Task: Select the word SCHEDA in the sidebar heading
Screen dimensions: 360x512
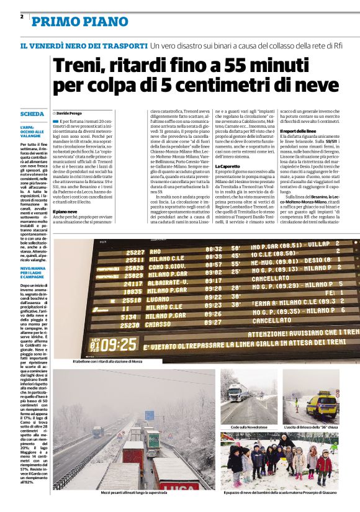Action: (x=32, y=115)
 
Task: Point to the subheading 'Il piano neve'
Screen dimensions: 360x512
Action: (x=65, y=212)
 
